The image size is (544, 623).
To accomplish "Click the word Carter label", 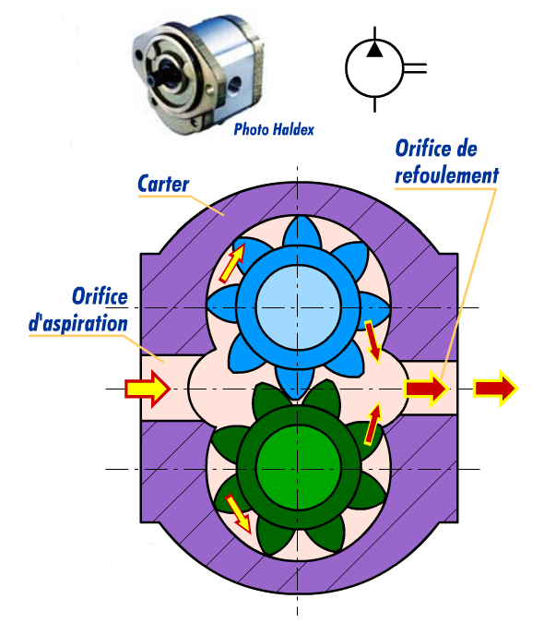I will pos(163,183).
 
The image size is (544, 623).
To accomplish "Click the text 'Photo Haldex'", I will pos(274,130).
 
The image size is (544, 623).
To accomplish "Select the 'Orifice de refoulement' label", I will pos(446,161).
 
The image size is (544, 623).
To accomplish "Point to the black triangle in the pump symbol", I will pos(373,49).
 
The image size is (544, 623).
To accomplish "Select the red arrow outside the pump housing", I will pos(496,389).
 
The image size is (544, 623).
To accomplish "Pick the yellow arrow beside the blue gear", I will pos(233,261).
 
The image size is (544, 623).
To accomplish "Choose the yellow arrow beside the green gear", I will pos(239,513).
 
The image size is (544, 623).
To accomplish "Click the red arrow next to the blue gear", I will pos(373,341).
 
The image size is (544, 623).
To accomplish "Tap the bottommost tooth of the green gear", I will pos(297,545).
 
